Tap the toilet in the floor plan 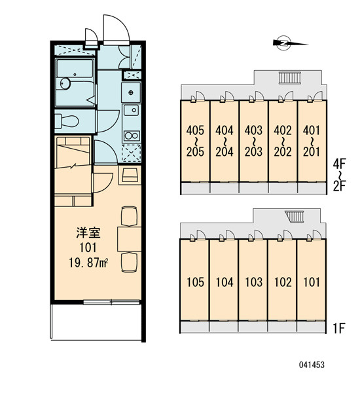(66, 121)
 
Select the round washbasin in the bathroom (65, 83)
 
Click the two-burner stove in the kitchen (132, 136)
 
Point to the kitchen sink (131, 110)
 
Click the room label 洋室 (88, 233)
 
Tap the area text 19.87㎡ (88, 263)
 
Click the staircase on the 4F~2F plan (289, 78)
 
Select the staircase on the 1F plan (295, 217)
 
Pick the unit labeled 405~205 (195, 141)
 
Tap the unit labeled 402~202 (283, 141)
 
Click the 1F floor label (339, 328)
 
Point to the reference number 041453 (312, 365)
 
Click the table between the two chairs (129, 238)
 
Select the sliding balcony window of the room (111, 302)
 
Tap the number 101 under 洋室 (88, 248)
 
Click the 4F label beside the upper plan (339, 164)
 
